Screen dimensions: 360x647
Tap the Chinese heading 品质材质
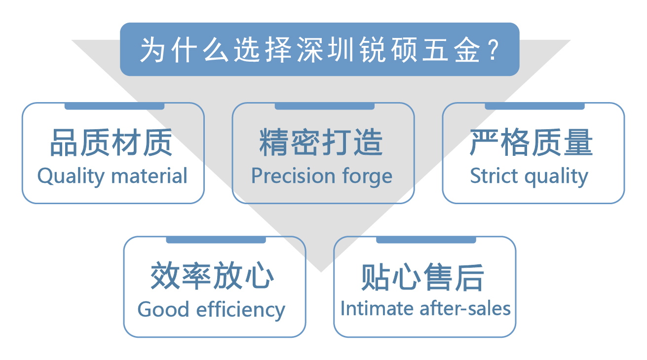111,143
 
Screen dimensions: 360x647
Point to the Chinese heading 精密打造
321,143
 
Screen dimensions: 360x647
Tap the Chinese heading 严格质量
532,143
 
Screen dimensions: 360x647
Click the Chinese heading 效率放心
213,277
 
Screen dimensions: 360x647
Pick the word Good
163,310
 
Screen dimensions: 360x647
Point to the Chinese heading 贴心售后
423,277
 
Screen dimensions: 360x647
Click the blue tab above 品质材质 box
114,106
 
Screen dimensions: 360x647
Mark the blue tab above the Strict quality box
534,106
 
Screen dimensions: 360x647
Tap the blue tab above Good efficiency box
216,240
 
